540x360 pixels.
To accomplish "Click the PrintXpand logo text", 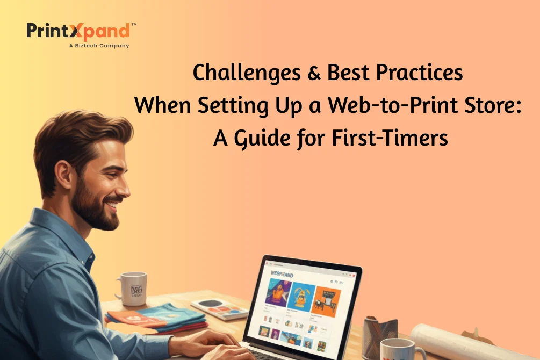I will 78,31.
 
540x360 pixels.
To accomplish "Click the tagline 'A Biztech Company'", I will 99,46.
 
